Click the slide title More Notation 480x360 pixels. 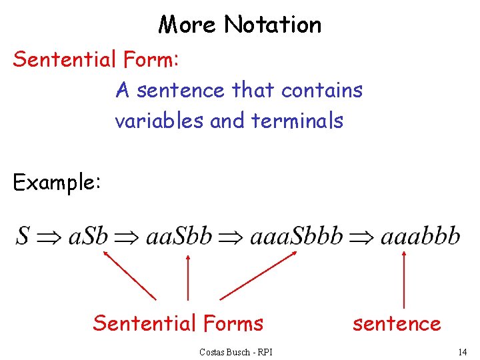pos(240,25)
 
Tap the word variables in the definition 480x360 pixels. pos(159,121)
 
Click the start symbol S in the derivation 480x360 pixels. pos(23,236)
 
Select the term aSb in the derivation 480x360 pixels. pos(87,237)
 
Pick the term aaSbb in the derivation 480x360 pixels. pos(178,237)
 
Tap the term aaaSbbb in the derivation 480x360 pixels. pos(296,237)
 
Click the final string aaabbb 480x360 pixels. pos(420,237)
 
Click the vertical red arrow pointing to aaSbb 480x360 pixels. pos(187,277)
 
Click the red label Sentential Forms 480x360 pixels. pos(178,323)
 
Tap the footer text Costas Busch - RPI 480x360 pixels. pos(235,351)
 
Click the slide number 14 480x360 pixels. pos(462,351)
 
